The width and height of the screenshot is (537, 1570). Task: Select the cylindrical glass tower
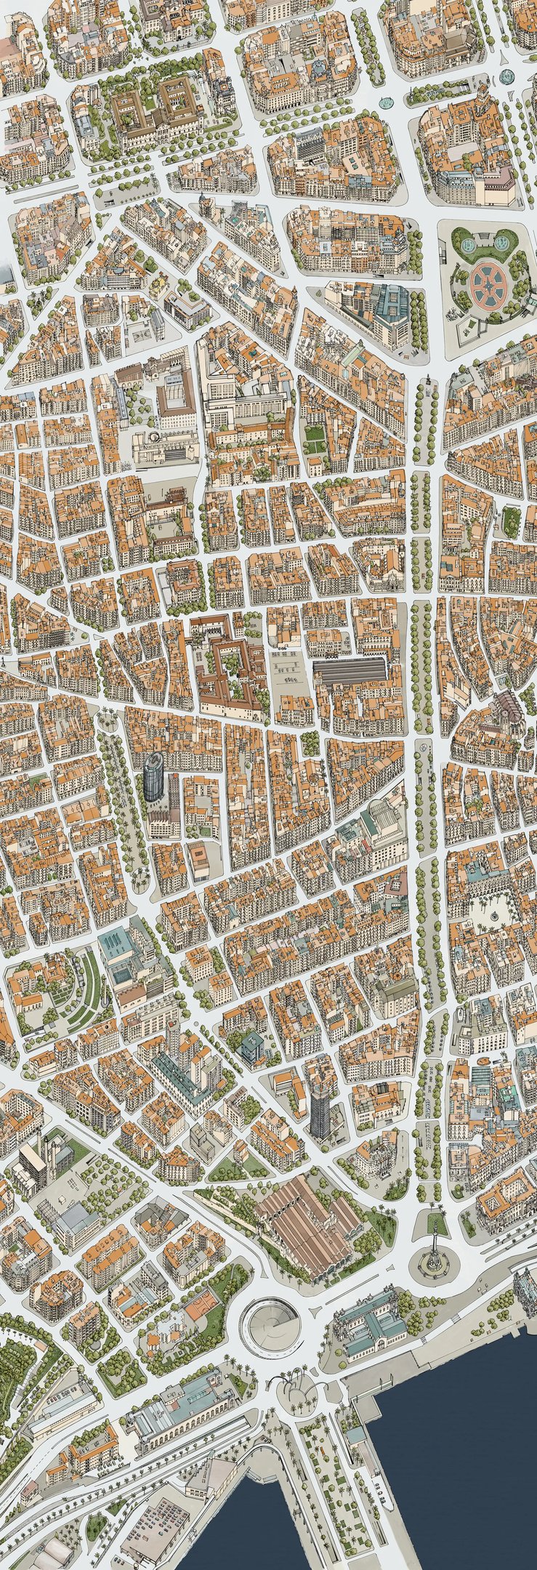[154, 777]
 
